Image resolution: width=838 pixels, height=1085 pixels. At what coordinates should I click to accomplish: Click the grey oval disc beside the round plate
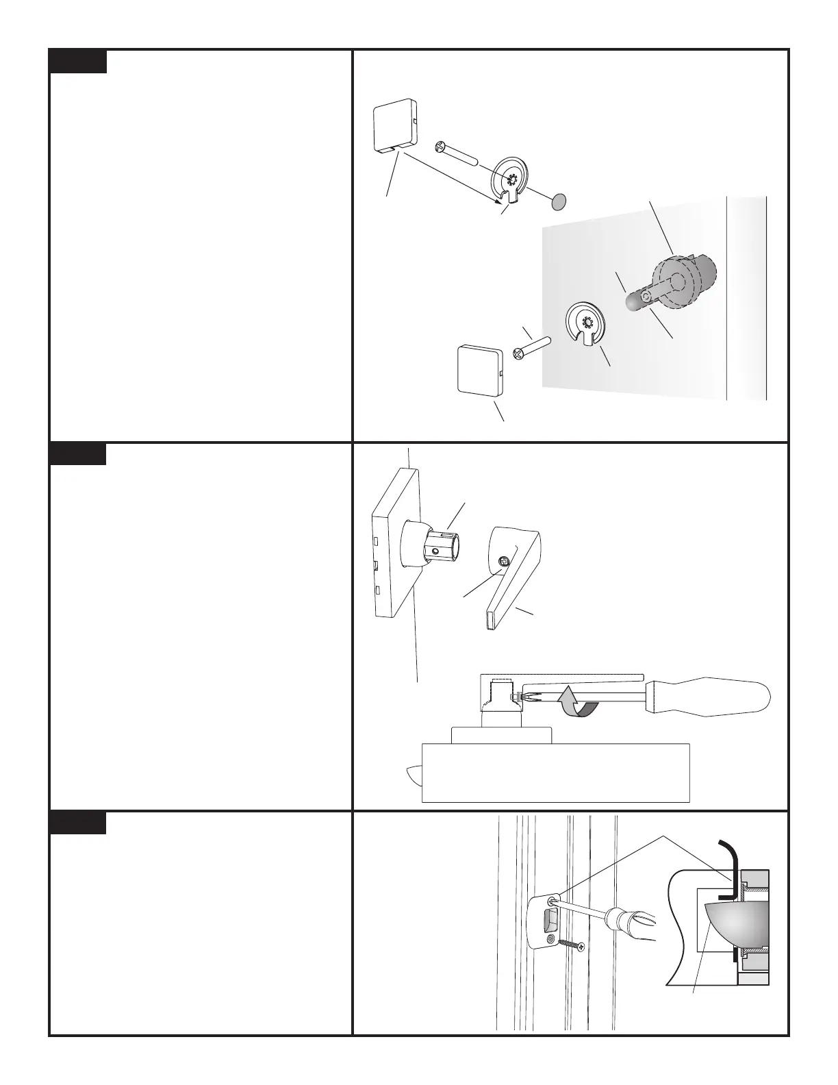click(559, 201)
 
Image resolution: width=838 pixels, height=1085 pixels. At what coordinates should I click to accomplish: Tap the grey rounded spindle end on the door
click(633, 301)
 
